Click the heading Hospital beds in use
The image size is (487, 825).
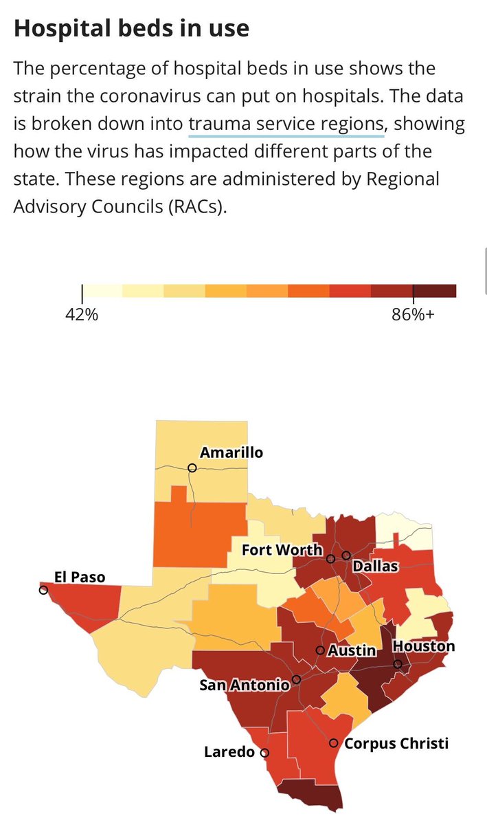pos(131,29)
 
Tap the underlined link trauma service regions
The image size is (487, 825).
pos(285,124)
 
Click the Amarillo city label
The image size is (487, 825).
pos(231,452)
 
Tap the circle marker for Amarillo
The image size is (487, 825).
pos(192,467)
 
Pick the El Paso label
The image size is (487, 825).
pos(80,577)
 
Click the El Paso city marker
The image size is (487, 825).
pos(43,590)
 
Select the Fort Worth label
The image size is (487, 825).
pos(282,550)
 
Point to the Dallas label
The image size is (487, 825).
pos(376,566)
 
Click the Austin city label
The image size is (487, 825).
pos(352,650)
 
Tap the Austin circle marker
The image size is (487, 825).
pos(320,650)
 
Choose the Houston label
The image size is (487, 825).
pos(423,646)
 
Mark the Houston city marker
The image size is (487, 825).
pos(398,664)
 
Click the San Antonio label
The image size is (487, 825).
pos(244,685)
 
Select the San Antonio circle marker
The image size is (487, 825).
pos(296,679)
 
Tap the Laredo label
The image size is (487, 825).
pos(229,753)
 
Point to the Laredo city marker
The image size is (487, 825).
pos(264,753)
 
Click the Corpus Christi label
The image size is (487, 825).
pos(396,743)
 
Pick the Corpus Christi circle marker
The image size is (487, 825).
pos(333,743)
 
